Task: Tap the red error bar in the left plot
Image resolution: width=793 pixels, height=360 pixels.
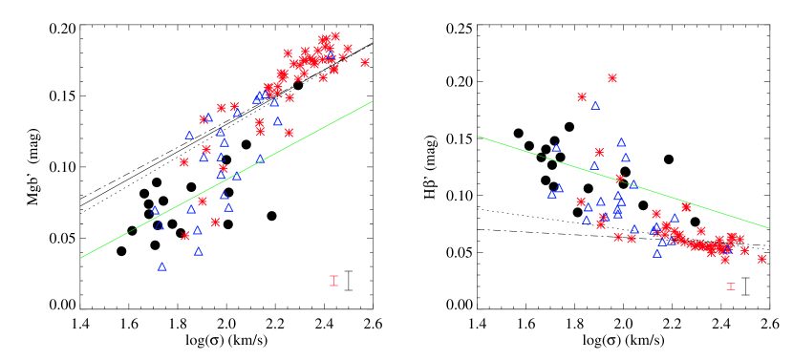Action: pos(333,281)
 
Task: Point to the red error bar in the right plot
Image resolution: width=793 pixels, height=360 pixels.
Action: pos(731,286)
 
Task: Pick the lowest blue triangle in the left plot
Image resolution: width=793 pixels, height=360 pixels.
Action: pos(162,266)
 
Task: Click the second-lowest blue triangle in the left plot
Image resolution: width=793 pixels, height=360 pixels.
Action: pos(199,251)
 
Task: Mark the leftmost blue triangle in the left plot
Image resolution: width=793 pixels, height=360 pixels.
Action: pos(155,210)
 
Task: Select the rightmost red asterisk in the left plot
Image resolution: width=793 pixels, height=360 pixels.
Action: pos(365,62)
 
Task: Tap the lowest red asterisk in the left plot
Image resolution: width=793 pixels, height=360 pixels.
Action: pos(185,236)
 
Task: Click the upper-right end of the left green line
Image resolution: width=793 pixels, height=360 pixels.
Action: pos(372,101)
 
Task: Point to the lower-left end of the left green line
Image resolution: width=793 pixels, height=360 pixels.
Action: pos(81,257)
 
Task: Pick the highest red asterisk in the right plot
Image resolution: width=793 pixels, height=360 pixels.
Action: pos(612,78)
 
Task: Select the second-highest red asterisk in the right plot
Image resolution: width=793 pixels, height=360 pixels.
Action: pos(582,96)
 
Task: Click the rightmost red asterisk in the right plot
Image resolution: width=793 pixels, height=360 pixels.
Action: pos(761,259)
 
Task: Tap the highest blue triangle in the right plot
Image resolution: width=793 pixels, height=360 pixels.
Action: pos(595,105)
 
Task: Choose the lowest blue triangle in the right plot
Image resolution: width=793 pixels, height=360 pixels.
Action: pos(657,253)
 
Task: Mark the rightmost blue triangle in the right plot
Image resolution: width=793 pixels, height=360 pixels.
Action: pos(727,250)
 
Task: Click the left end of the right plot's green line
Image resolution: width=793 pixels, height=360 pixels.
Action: pos(479,137)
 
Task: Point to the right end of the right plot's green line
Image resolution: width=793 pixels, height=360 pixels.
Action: pos(768,227)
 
